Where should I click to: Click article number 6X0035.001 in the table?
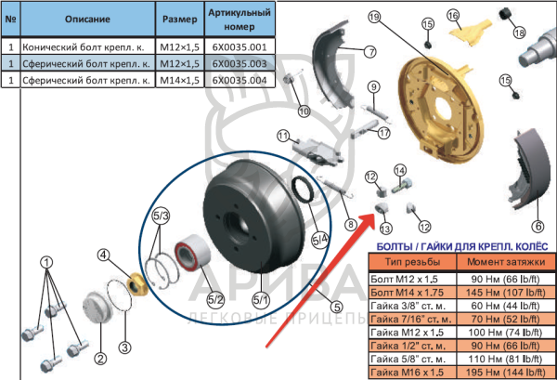click(x=239, y=46)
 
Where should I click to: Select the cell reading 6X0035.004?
click(x=239, y=80)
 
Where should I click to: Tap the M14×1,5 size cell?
click(x=181, y=80)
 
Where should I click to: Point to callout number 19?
click(x=374, y=18)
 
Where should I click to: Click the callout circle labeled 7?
click(x=369, y=51)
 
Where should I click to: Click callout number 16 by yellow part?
click(x=453, y=15)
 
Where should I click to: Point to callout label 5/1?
click(x=261, y=299)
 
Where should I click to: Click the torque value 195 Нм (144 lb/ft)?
click(x=506, y=372)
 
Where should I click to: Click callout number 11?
click(x=282, y=136)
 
